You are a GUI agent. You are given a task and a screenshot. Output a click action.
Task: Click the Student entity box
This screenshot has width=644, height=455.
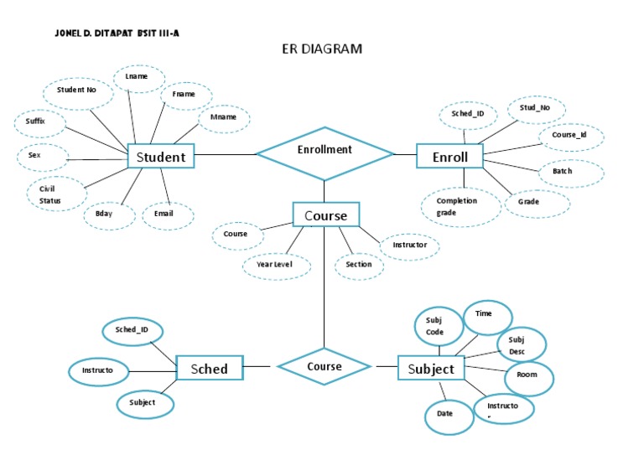click(x=160, y=157)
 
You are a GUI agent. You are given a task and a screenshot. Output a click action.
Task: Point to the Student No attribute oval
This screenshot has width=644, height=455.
click(x=77, y=91)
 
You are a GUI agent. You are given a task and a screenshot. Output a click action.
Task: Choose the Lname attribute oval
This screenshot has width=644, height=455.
click(x=137, y=77)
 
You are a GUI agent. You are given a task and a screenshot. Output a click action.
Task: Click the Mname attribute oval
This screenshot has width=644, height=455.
click(x=224, y=118)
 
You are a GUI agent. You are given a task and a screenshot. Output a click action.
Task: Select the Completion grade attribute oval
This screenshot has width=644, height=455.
click(x=457, y=207)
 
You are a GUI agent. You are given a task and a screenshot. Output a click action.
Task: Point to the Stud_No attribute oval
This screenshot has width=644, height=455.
click(x=534, y=108)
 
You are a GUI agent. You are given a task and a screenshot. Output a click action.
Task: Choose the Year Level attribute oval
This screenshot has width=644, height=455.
click(x=277, y=266)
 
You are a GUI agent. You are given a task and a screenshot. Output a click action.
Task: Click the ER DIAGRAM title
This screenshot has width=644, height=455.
click(x=321, y=49)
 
